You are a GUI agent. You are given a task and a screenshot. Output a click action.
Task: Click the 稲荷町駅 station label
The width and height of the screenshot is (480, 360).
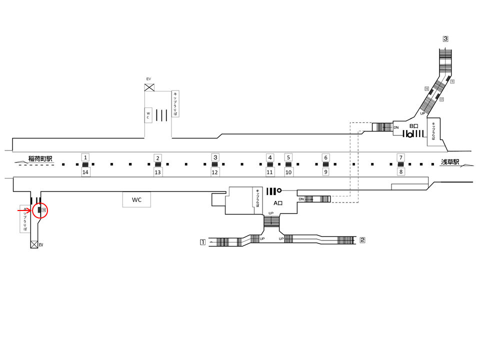(40, 158)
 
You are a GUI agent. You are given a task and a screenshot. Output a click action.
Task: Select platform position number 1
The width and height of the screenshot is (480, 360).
(85, 157)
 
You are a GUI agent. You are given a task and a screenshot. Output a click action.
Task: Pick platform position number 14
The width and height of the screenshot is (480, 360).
(85, 172)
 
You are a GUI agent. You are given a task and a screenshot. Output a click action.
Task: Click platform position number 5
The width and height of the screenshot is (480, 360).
(288, 157)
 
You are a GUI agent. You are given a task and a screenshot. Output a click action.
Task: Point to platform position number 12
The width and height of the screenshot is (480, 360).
(215, 172)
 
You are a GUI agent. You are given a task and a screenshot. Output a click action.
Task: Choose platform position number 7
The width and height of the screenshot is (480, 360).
(400, 157)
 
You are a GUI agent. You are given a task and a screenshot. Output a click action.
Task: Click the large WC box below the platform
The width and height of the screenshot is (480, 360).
(136, 200)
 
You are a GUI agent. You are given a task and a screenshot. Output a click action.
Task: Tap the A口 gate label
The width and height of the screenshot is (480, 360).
(278, 203)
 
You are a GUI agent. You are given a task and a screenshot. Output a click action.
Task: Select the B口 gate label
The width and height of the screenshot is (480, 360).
(413, 126)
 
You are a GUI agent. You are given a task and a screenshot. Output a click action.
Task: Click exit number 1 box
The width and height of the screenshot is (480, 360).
(203, 242)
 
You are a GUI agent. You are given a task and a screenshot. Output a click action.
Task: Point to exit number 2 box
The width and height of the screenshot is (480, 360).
(362, 240)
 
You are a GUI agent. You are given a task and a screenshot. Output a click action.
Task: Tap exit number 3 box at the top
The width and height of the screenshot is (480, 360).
(445, 38)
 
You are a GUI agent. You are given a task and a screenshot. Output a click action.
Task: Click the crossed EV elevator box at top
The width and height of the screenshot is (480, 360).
(149, 87)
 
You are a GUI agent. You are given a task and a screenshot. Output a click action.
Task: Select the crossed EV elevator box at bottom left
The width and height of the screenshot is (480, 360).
(34, 244)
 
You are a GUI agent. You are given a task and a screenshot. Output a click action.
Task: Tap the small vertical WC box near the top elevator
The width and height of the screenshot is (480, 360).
(148, 115)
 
